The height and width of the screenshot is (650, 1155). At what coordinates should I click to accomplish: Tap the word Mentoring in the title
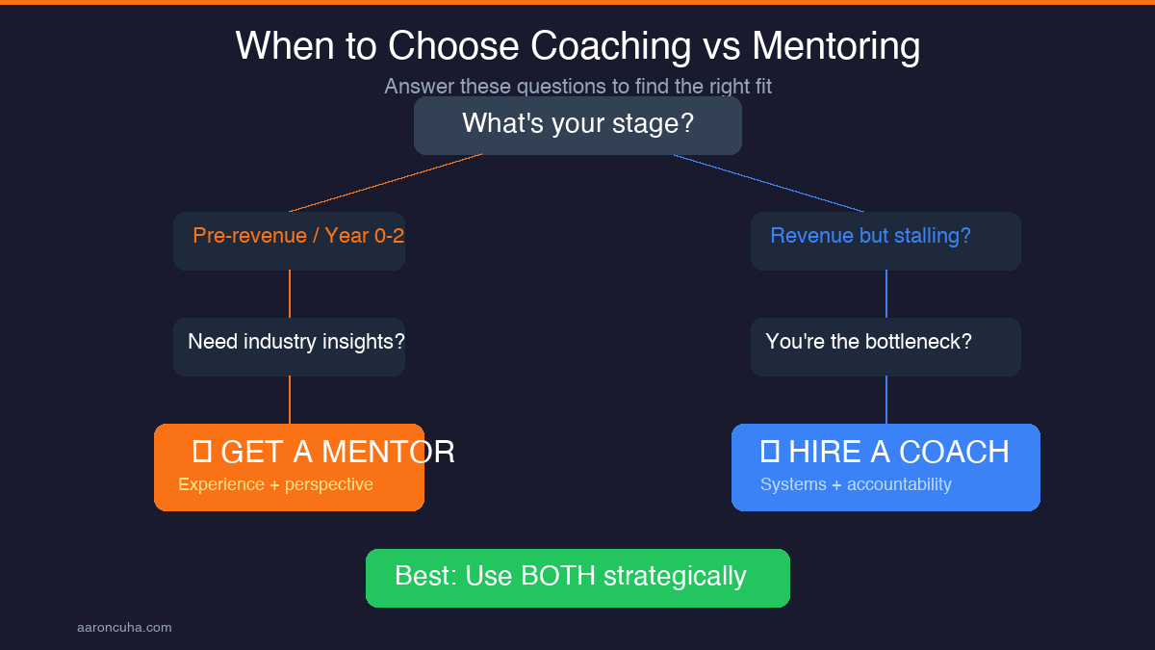tap(835, 46)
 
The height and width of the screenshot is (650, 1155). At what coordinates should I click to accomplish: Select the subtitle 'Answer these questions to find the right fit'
tap(577, 87)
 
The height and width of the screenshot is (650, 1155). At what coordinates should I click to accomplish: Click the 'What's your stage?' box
tap(577, 126)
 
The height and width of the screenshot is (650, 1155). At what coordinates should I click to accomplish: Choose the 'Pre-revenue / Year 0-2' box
tap(289, 241)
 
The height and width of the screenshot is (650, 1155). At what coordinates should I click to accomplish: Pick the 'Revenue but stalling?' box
tap(885, 241)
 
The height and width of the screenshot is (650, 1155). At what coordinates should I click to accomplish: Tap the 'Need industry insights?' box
tap(289, 347)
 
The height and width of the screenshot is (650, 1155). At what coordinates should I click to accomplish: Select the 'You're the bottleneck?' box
tap(885, 347)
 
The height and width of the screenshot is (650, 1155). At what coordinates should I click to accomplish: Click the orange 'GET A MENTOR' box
tap(289, 467)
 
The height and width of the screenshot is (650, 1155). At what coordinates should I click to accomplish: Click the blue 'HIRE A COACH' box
tap(885, 467)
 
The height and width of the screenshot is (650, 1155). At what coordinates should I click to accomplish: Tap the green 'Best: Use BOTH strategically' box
tap(577, 578)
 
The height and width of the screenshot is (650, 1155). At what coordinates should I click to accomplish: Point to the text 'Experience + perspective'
tap(275, 484)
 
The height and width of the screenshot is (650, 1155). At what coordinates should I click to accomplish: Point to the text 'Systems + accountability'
tap(856, 484)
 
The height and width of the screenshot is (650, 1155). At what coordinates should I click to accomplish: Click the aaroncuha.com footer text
tap(124, 628)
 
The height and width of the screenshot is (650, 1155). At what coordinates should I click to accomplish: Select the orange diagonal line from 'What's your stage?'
tap(385, 183)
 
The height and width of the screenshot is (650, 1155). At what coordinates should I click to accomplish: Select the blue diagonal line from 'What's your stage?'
tap(770, 183)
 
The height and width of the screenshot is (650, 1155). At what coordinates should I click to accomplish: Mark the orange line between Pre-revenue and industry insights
tap(290, 294)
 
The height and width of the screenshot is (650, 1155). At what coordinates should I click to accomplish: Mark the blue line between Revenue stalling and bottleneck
tap(886, 294)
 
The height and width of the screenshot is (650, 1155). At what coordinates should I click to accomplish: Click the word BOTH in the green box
tap(558, 576)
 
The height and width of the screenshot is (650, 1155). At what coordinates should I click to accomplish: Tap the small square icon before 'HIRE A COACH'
tap(770, 450)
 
